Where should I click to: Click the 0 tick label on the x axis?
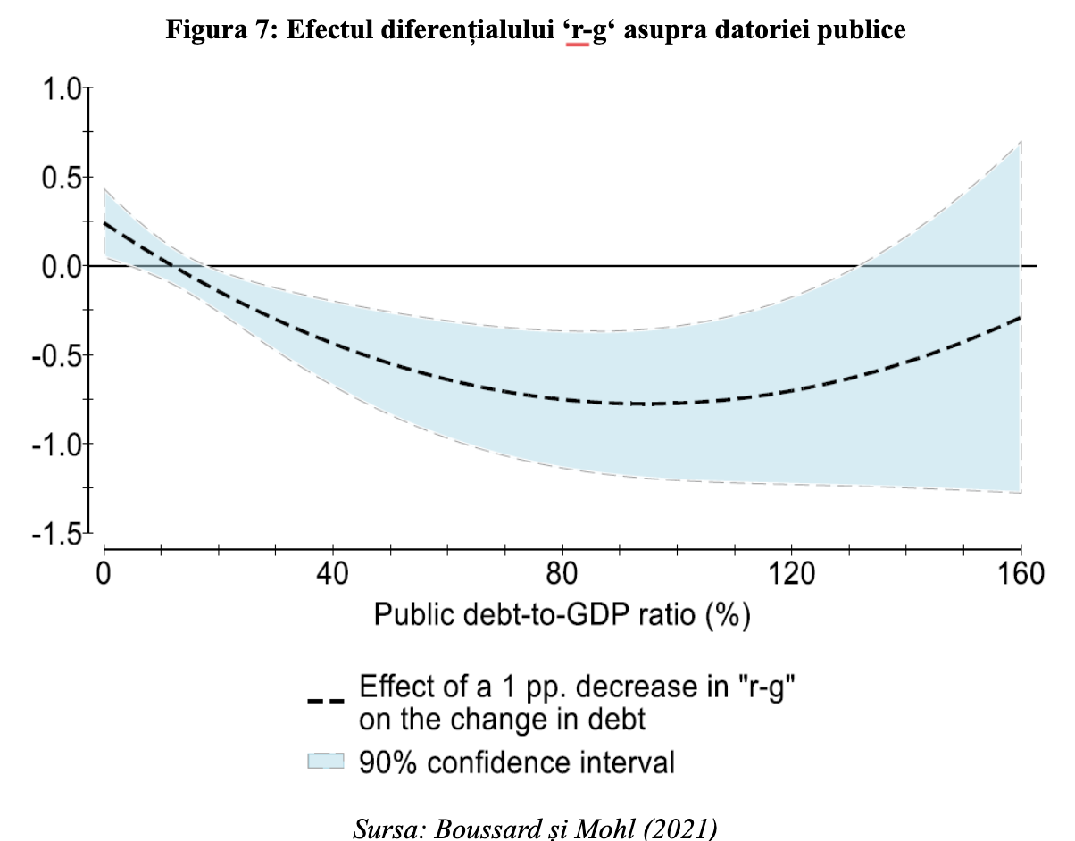pyautogui.click(x=104, y=574)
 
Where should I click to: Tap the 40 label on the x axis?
pyautogui.click(x=333, y=574)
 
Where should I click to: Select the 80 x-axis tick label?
pyautogui.click(x=562, y=574)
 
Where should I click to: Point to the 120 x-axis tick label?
pyautogui.click(x=790, y=574)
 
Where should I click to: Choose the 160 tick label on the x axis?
pyautogui.click(x=1019, y=574)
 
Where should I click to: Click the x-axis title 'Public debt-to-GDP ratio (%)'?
pyautogui.click(x=562, y=615)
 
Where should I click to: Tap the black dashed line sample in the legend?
pyautogui.click(x=325, y=701)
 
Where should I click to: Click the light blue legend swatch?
pyautogui.click(x=325, y=761)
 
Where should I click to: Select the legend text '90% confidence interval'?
pyautogui.click(x=517, y=762)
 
